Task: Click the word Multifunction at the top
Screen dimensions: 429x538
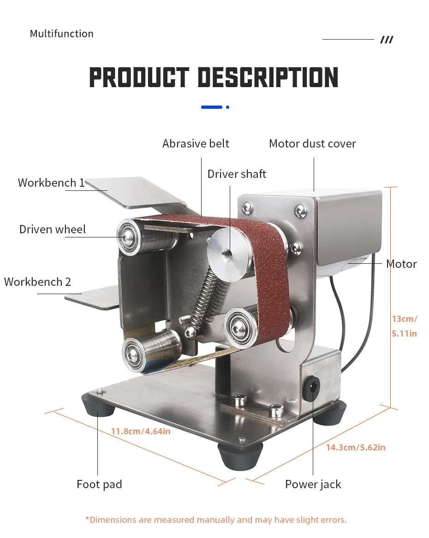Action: pyautogui.click(x=61, y=34)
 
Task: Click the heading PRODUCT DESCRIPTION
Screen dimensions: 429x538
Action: pyautogui.click(x=214, y=77)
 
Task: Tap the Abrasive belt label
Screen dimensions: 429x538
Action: pyautogui.click(x=196, y=144)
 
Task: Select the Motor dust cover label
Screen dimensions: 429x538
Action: pyautogui.click(x=312, y=144)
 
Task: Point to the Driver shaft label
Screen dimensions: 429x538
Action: pyautogui.click(x=237, y=174)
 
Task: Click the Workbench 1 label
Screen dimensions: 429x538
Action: pyautogui.click(x=51, y=183)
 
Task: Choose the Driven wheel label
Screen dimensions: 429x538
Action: pyautogui.click(x=53, y=230)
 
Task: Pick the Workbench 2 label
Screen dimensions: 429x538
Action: pyautogui.click(x=38, y=282)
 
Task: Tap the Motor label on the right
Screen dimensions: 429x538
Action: pyautogui.click(x=401, y=264)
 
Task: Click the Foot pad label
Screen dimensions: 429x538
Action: pyautogui.click(x=99, y=485)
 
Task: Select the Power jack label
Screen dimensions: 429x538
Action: pyautogui.click(x=313, y=485)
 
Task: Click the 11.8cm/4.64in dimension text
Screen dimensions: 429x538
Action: pyautogui.click(x=141, y=432)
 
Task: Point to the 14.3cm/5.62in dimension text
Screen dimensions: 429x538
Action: pyautogui.click(x=356, y=447)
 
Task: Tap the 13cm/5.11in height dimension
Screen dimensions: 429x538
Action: pyautogui.click(x=405, y=326)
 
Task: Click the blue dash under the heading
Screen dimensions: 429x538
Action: pyautogui.click(x=212, y=107)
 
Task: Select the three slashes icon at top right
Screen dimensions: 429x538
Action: pyautogui.click(x=387, y=40)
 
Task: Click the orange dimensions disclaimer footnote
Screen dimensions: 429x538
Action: pyautogui.click(x=216, y=520)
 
